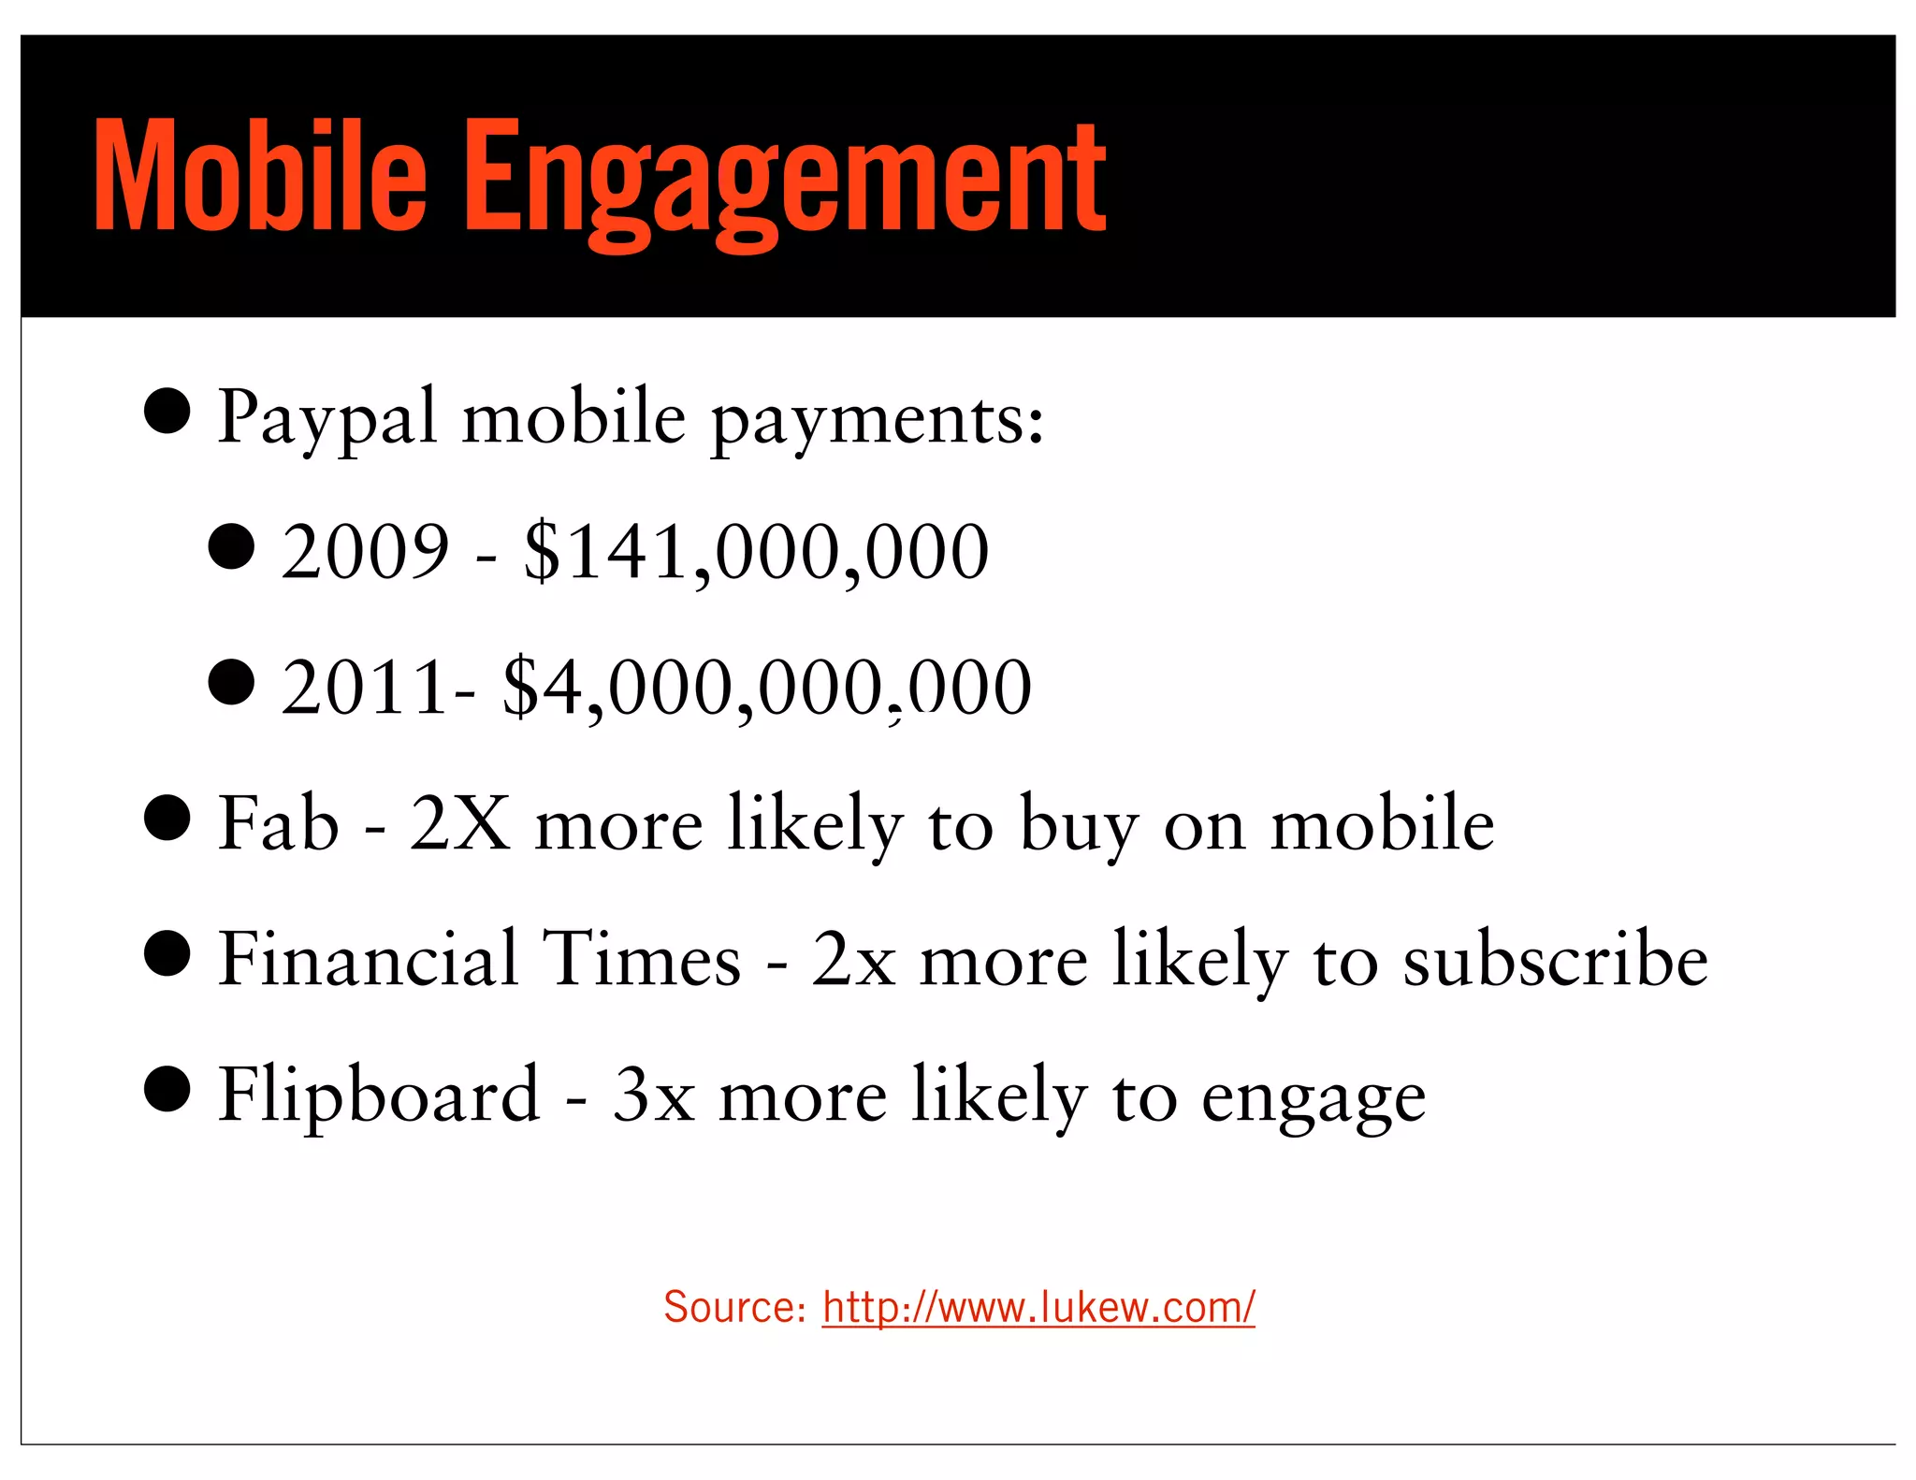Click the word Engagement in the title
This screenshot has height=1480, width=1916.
pos(786,182)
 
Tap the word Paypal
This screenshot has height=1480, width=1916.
pos(327,417)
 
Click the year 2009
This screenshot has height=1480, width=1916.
pos(365,551)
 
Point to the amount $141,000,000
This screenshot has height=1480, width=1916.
pos(756,552)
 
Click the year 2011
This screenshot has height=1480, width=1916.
pos(364,687)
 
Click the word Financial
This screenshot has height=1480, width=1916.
pos(368,959)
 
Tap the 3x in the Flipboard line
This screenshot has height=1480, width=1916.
pos(653,1095)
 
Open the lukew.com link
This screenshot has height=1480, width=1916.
pos(1038,1307)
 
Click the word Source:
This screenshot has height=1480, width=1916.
pos(734,1307)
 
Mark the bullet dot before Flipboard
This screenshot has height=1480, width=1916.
pos(168,1088)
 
